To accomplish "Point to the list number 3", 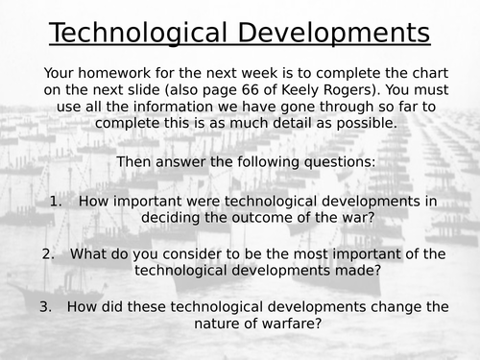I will coord(46,307).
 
